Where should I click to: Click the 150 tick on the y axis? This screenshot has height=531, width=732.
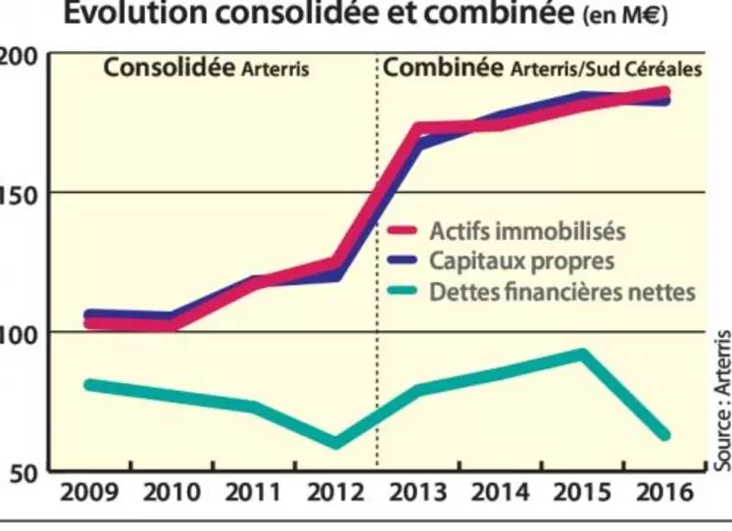[x=19, y=194]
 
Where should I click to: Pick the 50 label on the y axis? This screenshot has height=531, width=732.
[x=24, y=473]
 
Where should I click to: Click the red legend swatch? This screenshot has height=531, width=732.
[x=403, y=232]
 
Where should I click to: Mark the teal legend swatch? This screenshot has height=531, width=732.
[x=403, y=291]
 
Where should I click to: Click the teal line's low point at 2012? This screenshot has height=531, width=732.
[x=335, y=443]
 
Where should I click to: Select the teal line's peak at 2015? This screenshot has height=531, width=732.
[x=582, y=354]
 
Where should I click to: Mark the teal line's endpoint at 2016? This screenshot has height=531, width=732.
[x=664, y=434]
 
